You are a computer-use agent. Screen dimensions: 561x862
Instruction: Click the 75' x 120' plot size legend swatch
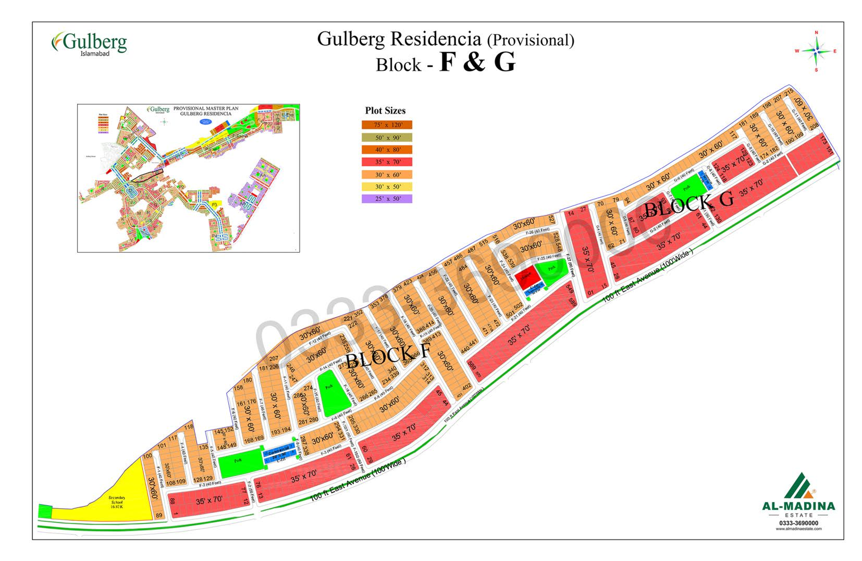click(x=386, y=125)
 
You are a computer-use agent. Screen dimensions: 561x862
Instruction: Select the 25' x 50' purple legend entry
click(x=386, y=199)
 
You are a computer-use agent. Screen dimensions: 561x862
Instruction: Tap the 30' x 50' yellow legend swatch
click(x=386, y=187)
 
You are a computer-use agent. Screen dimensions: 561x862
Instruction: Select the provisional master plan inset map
click(x=188, y=178)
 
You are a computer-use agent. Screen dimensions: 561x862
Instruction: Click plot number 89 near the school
click(x=159, y=515)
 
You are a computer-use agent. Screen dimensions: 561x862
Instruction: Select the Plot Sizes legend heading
click(x=385, y=111)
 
